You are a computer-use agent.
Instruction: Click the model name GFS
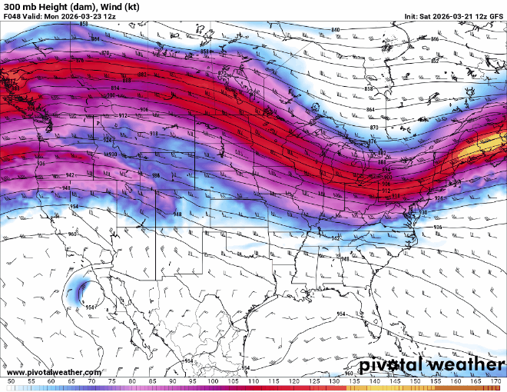click(x=495, y=15)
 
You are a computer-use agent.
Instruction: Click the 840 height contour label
click(x=335, y=30)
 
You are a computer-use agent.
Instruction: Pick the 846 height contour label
click(x=434, y=38)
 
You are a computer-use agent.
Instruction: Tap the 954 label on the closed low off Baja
click(x=90, y=307)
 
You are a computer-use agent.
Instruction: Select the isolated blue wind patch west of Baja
click(x=81, y=292)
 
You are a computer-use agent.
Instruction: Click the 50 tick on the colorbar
click(x=11, y=380)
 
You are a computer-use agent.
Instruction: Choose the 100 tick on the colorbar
click(x=213, y=380)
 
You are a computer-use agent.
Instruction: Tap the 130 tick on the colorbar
click(x=334, y=380)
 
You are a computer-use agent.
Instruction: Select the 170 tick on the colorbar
click(x=496, y=380)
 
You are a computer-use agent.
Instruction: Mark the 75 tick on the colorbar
click(x=112, y=380)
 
